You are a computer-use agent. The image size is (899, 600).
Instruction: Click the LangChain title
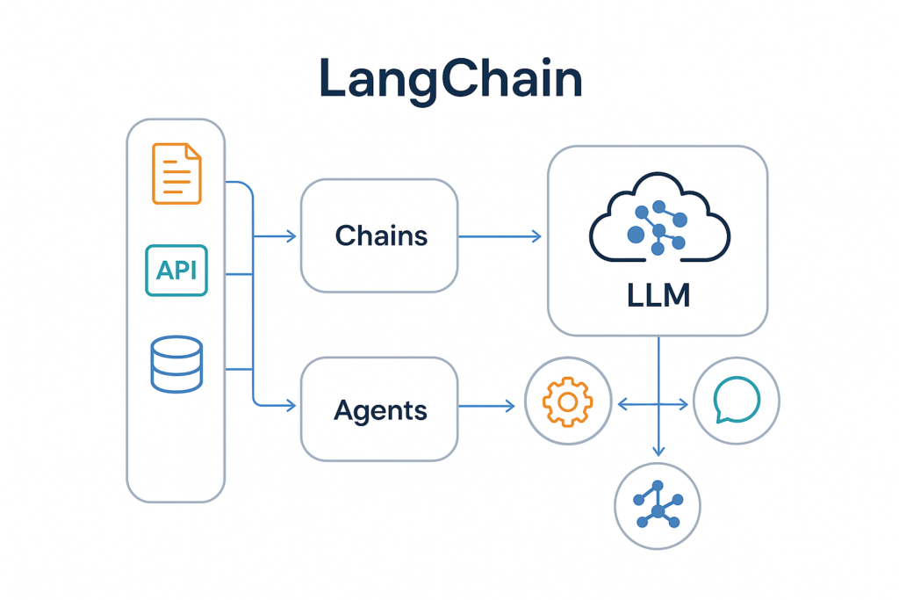pyautogui.click(x=450, y=79)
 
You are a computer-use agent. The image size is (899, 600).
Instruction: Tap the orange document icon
pyautogui.click(x=176, y=174)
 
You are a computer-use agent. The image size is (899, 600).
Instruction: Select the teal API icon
pyautogui.click(x=176, y=271)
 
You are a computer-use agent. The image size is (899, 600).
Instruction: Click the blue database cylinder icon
pyautogui.click(x=176, y=365)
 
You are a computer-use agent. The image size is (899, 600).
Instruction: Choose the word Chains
pyautogui.click(x=381, y=235)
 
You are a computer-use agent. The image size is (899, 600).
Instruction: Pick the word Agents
pyautogui.click(x=381, y=409)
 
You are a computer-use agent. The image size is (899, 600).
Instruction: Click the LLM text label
pyautogui.click(x=658, y=294)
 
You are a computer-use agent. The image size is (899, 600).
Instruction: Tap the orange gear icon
pyautogui.click(x=566, y=403)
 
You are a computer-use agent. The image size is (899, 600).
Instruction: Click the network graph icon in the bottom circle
pyautogui.click(x=658, y=506)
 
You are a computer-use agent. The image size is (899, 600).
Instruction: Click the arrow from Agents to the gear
pyautogui.click(x=486, y=405)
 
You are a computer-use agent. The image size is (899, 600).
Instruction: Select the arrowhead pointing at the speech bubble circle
pyautogui.click(x=684, y=404)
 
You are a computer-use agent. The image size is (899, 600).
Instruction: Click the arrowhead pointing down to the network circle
pyautogui.click(x=658, y=452)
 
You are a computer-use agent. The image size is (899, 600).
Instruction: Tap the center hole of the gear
pyautogui.click(x=566, y=403)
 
